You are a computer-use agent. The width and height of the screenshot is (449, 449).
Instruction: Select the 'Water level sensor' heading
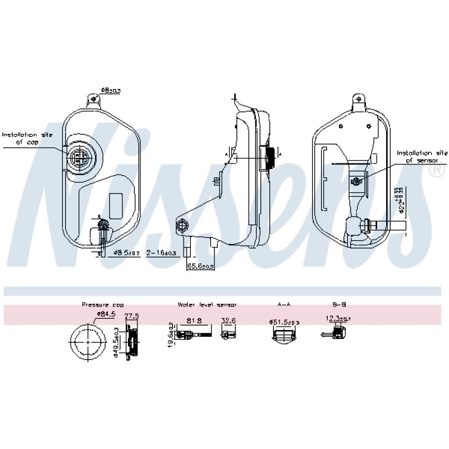[x=207, y=304]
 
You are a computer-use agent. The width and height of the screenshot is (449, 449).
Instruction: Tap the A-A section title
[x=284, y=304]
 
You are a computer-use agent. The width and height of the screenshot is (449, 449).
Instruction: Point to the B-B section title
[x=339, y=304]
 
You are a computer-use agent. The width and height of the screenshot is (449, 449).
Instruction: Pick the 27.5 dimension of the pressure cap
[x=131, y=316]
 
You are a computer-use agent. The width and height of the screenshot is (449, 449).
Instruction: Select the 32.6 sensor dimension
[x=228, y=320]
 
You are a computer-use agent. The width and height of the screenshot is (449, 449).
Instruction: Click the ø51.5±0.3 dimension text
[x=285, y=322]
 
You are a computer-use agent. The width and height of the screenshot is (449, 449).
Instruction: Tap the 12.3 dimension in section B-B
[x=338, y=319]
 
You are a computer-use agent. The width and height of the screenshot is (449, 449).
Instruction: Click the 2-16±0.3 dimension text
[x=162, y=253]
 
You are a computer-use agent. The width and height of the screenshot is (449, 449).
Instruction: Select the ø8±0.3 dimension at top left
[x=111, y=90]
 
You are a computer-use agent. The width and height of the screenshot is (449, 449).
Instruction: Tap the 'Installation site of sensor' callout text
[x=422, y=156]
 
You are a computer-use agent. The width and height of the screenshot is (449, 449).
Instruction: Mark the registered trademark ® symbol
[x=437, y=172]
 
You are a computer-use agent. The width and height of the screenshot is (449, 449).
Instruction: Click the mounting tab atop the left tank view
[x=93, y=101]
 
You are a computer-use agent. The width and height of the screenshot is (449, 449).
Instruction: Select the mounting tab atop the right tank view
[x=359, y=102]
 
